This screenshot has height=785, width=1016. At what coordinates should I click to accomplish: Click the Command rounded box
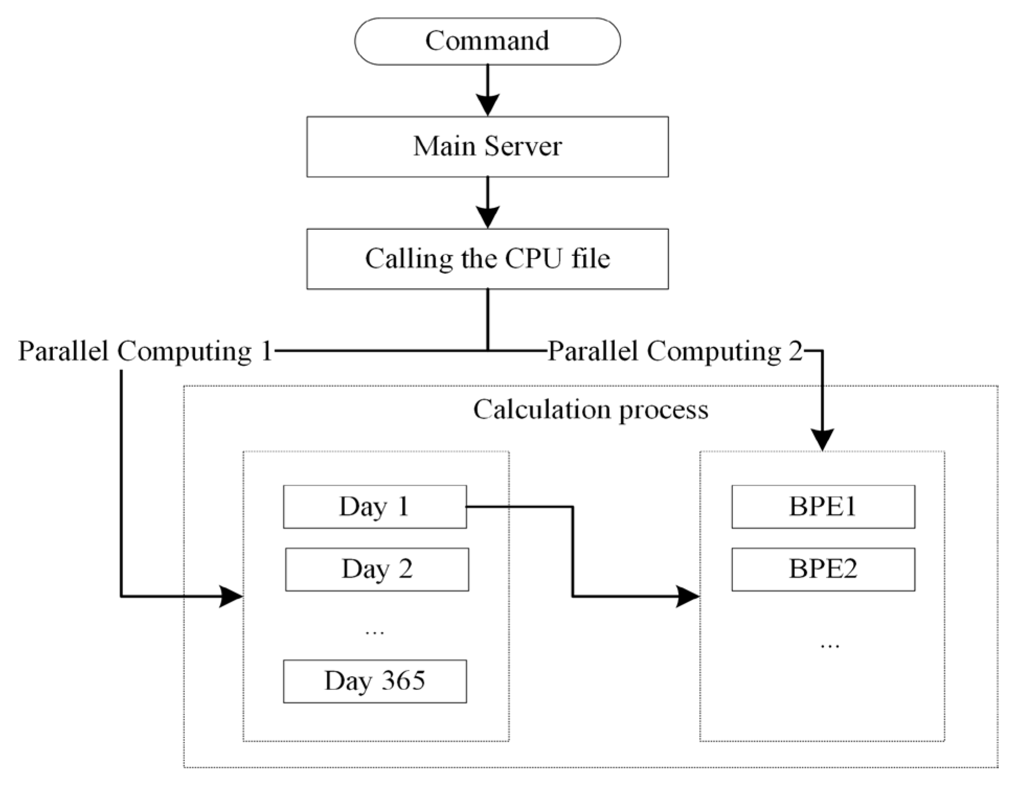point(487,41)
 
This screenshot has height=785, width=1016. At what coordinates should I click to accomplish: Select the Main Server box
point(487,147)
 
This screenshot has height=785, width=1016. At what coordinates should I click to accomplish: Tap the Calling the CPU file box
point(487,259)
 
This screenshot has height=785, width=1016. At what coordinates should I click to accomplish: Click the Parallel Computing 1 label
point(146,351)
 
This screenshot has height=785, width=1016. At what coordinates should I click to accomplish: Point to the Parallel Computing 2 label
point(674,351)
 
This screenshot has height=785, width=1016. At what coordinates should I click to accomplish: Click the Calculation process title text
point(590,409)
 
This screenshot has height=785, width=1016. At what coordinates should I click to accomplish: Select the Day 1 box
point(375,507)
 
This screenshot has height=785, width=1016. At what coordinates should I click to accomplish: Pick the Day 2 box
point(377,569)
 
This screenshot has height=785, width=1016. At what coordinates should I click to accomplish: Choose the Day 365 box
point(375,681)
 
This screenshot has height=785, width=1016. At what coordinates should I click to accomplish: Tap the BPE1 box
point(823,507)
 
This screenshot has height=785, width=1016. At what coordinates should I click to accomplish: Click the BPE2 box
point(823,569)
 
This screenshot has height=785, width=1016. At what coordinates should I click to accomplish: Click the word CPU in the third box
point(533,259)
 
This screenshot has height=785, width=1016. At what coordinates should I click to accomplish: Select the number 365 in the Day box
point(403,680)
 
